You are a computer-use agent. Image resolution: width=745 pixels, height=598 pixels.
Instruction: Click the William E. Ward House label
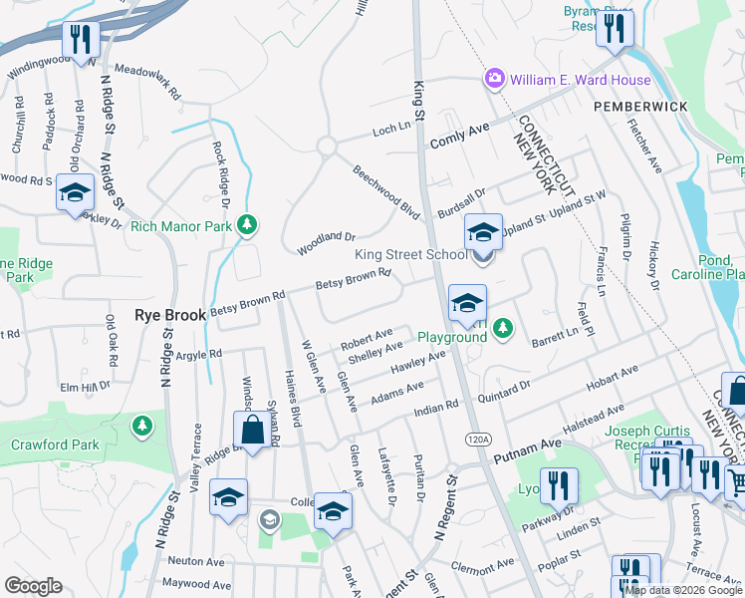[581, 80]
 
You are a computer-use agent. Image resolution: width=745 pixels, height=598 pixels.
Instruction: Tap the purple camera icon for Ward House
[493, 79]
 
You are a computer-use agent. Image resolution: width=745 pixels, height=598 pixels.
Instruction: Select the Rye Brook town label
[170, 314]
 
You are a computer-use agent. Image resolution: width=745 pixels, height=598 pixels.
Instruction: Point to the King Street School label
[411, 255]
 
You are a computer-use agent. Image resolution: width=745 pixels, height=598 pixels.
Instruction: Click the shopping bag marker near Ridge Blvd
[251, 432]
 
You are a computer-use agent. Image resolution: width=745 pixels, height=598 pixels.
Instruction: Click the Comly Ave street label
[460, 137]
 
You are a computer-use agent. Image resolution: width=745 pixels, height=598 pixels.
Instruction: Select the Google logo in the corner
[33, 586]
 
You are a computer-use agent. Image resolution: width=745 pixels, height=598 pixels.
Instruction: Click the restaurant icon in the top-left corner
[79, 40]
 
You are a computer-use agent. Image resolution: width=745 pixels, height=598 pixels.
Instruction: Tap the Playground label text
[451, 337]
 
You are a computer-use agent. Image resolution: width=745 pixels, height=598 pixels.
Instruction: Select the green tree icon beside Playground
[504, 328]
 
